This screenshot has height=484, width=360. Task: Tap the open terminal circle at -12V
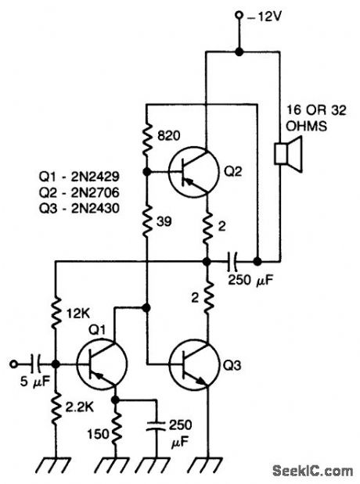tap(239, 15)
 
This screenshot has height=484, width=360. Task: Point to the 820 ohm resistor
tap(146, 136)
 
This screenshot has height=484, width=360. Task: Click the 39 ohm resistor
tap(146, 221)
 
